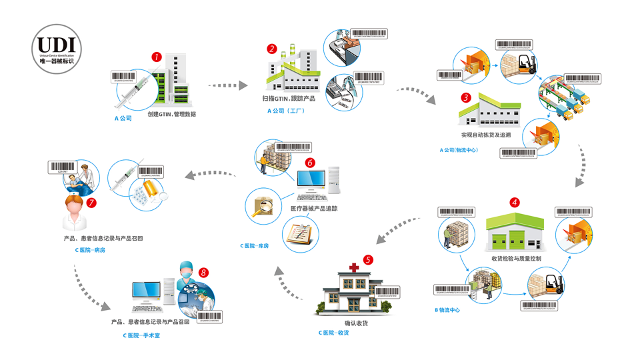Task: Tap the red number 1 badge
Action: click(157, 57)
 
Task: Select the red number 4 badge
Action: click(514, 202)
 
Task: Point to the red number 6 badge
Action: click(309, 163)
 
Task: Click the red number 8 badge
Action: click(204, 273)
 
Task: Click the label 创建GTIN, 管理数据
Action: click(171, 114)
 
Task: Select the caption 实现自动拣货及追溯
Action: click(485, 135)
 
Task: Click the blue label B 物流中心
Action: click(447, 310)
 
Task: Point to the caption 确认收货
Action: click(356, 323)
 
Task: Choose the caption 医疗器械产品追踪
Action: click(314, 208)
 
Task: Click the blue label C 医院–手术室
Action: click(141, 335)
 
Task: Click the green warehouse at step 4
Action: click(514, 233)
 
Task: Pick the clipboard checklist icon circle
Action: click(299, 234)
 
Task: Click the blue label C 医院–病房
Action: click(90, 250)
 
